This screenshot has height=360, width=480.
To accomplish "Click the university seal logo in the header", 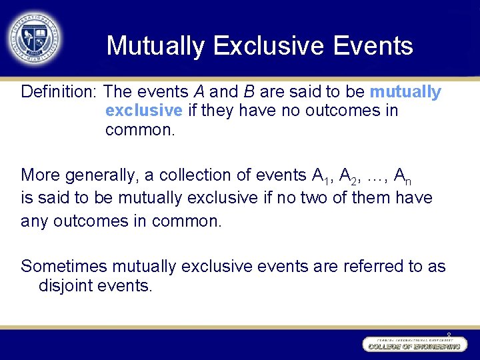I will (34, 37).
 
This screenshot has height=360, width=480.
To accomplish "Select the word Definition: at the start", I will (59, 91).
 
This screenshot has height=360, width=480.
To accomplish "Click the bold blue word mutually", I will (405, 92).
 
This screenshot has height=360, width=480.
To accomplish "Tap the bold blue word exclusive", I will (143, 111).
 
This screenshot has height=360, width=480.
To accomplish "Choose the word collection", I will (191, 175).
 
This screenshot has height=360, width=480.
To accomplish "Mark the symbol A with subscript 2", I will (348, 176).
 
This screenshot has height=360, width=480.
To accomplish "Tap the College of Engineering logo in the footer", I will (412, 345).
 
